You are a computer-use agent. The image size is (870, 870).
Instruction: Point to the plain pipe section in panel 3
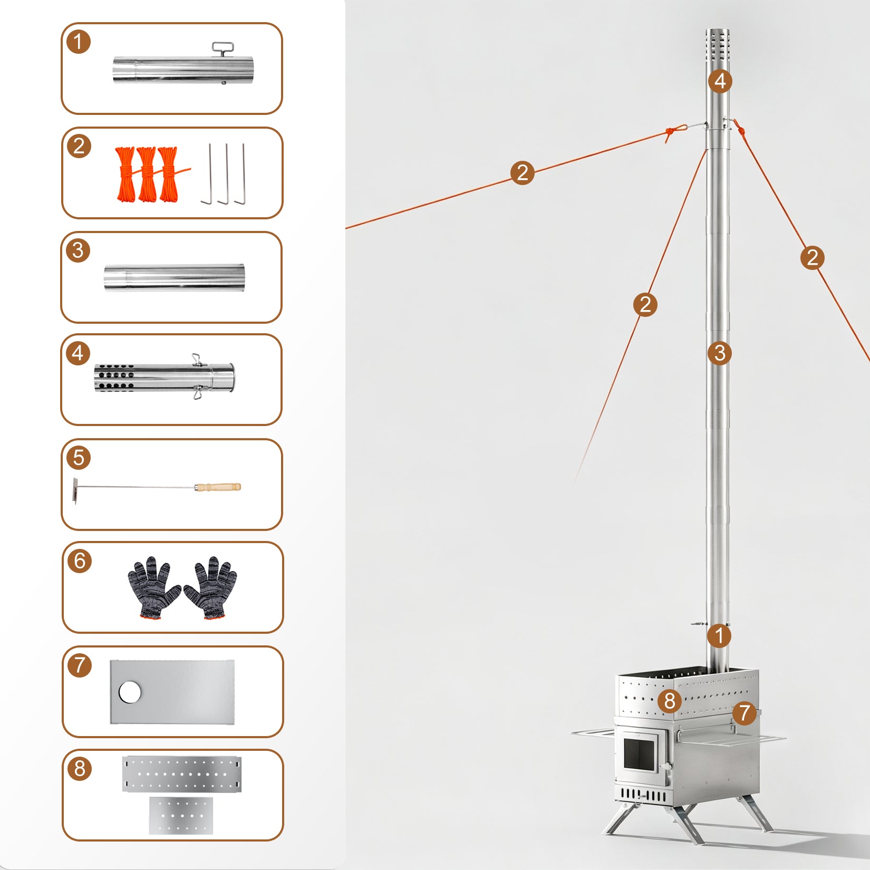(x=175, y=277)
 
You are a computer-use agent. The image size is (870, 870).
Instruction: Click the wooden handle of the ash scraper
(x=218, y=487)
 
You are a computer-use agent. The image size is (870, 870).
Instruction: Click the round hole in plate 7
(x=130, y=692)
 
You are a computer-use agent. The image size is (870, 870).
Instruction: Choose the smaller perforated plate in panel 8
(x=181, y=815)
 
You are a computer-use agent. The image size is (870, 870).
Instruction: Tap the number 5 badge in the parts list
(x=79, y=458)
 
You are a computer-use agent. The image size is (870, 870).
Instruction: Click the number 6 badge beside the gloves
(x=80, y=560)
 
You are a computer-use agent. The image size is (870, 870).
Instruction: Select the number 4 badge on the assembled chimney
(x=720, y=81)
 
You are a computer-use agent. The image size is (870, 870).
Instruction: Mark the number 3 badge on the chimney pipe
(x=720, y=353)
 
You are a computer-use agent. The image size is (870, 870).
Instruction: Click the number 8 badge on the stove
(x=670, y=701)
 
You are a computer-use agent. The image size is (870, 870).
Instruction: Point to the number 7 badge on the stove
(x=744, y=713)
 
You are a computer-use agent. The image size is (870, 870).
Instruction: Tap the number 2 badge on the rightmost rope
(x=812, y=258)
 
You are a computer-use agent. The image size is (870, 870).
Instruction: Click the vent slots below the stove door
(x=643, y=795)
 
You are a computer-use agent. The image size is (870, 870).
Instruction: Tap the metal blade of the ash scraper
(x=75, y=490)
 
